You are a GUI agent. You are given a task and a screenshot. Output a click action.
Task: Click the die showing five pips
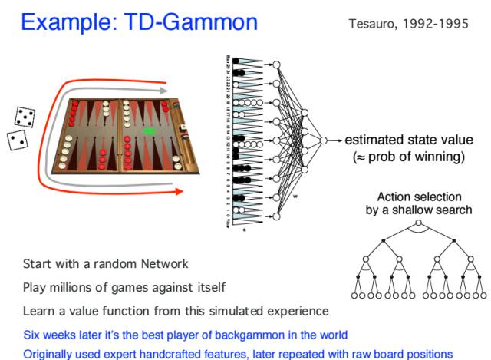pyautogui.click(x=25, y=117)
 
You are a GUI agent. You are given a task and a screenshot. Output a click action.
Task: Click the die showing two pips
pyautogui.click(x=17, y=140)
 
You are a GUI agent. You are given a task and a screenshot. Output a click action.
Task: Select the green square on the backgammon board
pyautogui.click(x=149, y=132)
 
